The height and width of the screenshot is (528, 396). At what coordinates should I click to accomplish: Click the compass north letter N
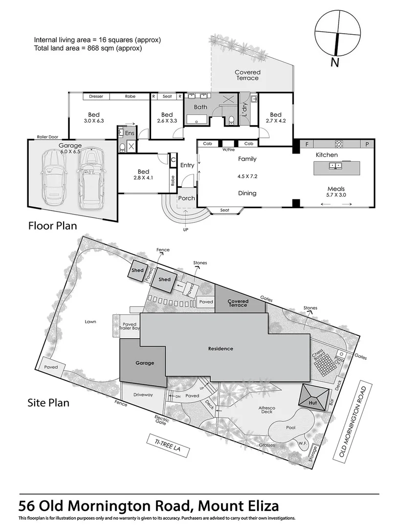335,62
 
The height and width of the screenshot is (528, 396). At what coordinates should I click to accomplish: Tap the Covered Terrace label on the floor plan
248,75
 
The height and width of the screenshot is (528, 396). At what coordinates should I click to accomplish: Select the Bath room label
200,107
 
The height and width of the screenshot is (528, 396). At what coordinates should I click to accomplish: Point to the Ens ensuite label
130,132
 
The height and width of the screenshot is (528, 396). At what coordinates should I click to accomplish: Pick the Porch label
186,198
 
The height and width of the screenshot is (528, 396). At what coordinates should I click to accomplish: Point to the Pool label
290,426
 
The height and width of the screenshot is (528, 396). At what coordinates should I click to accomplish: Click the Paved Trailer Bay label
130,327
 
